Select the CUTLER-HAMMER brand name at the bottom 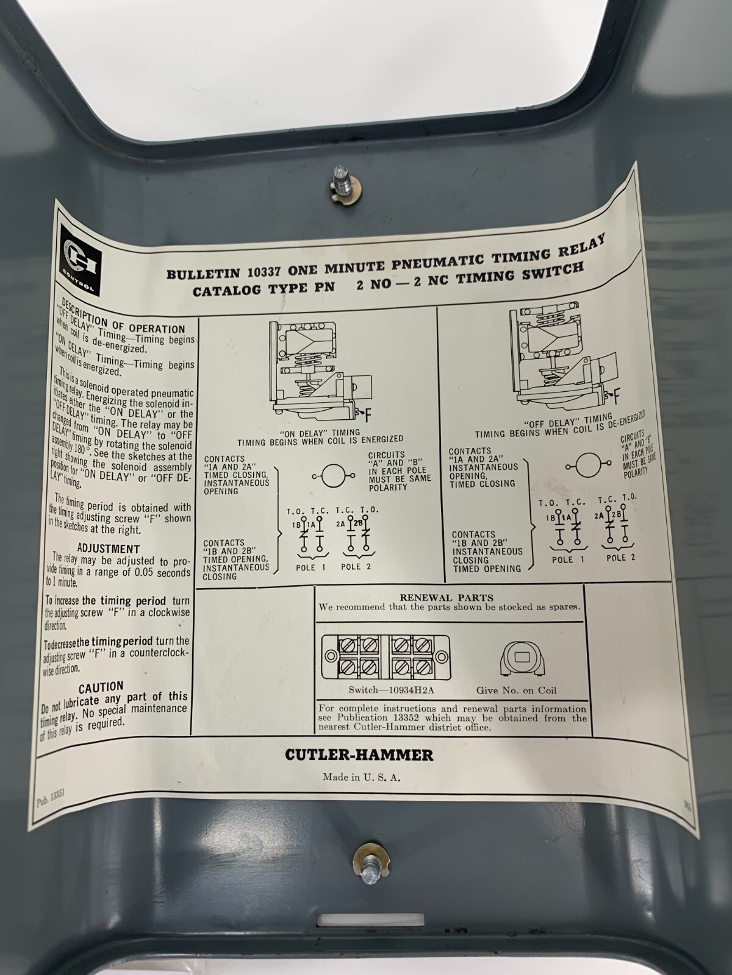tap(359, 755)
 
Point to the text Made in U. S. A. tap(361, 778)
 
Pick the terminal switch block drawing tap(386, 657)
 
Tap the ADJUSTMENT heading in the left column tap(109, 548)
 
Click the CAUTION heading tap(101, 688)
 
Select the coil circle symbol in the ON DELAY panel tap(332, 476)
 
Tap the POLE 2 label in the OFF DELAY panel tap(621, 558)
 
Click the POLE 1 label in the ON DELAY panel tap(311, 567)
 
